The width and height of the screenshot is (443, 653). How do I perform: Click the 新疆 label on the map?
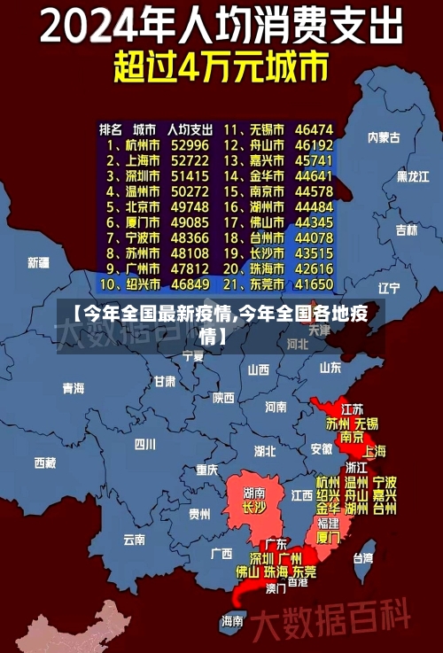tap(38, 262)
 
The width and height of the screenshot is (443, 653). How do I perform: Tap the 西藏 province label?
tap(44, 463)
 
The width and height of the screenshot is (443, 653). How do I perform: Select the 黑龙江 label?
tap(412, 176)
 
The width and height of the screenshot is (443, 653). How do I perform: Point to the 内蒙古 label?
tap(384, 137)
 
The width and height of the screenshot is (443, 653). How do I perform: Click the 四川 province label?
tap(144, 444)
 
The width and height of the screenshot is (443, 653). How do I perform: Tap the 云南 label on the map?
tap(134, 538)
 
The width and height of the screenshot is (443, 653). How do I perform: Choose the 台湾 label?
tap(363, 558)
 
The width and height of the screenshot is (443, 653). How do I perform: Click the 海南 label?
tap(232, 621)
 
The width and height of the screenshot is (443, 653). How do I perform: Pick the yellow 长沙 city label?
tap(254, 509)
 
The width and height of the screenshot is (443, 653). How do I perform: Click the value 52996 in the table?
tap(190, 144)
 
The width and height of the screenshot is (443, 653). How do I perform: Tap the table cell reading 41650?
tap(314, 285)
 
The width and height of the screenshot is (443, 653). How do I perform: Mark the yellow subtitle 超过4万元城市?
tap(221, 67)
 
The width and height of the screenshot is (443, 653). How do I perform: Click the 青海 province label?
tap(73, 388)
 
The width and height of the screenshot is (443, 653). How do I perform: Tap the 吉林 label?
tap(406, 230)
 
